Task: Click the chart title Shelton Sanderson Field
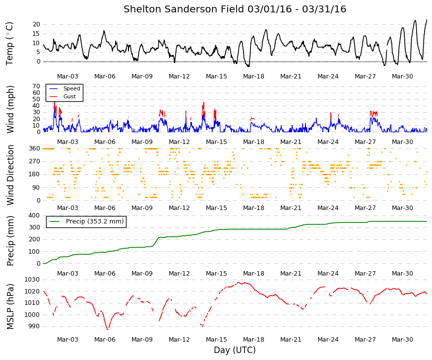point(185,9)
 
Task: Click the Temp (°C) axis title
point(9,44)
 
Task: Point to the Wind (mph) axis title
point(10,110)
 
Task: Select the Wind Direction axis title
point(10,175)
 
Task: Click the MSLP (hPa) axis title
point(10,306)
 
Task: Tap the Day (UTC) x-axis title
point(235,350)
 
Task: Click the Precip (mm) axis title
point(10,241)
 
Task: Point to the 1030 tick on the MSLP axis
point(32,280)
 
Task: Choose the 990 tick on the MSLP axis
point(34,326)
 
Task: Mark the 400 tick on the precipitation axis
point(34,216)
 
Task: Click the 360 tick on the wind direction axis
point(34,148)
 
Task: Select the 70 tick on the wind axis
point(36,86)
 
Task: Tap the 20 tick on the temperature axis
point(36,24)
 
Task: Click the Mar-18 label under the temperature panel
point(253,76)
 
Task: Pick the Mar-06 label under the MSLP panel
point(105,340)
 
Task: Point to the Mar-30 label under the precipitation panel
point(402,274)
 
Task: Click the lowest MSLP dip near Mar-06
point(108,329)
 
